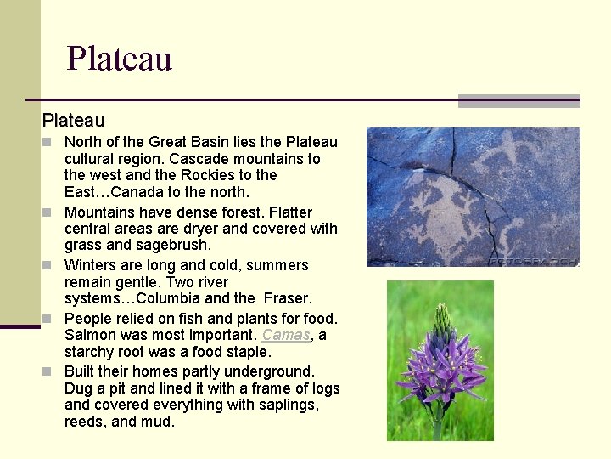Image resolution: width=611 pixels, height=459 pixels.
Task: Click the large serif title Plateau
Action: point(120,59)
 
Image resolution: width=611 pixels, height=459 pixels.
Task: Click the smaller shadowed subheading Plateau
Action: point(73,122)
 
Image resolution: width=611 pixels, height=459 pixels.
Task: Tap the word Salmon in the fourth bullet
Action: point(90,335)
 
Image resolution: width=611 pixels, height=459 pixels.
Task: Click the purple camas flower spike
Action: point(440,357)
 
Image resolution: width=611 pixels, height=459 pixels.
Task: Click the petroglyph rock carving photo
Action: point(473,196)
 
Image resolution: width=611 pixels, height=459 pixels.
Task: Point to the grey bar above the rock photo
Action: point(519,100)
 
